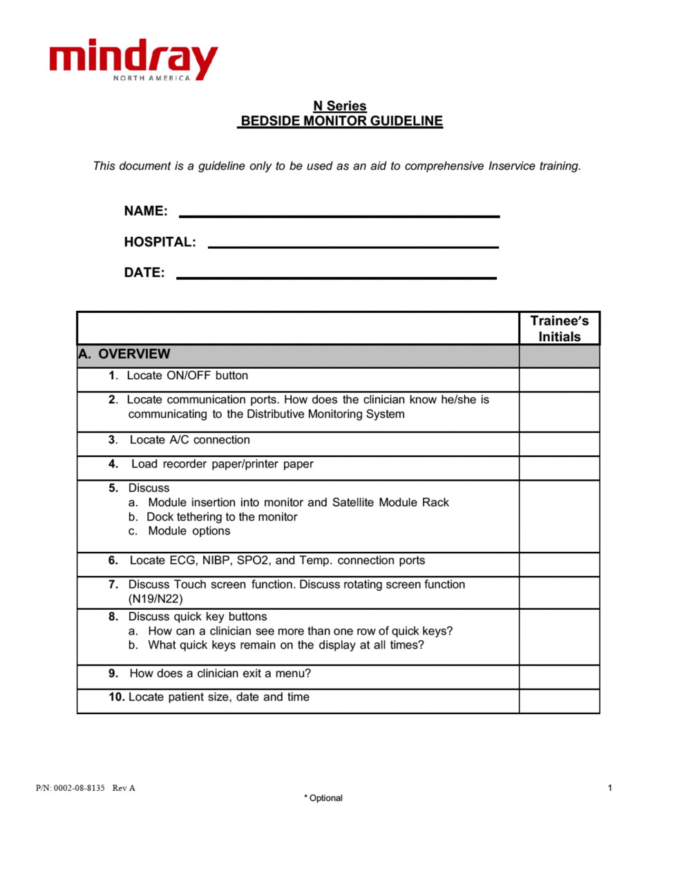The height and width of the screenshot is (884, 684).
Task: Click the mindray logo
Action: point(133,60)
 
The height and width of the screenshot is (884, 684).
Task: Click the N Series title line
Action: point(340,106)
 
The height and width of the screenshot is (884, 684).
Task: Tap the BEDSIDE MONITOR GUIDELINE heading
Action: point(341,122)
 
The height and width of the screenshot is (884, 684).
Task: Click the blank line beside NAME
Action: point(339,215)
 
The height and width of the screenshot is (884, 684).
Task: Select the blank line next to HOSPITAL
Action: point(353,245)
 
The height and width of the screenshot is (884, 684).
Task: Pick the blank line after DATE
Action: point(336,276)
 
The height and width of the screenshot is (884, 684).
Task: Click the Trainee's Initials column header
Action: point(559,329)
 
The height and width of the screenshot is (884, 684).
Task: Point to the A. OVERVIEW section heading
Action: point(124,354)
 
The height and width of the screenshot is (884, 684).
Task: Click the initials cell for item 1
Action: point(559,380)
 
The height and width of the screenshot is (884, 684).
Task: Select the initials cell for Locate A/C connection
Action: point(559,444)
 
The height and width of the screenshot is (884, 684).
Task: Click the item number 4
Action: point(113,464)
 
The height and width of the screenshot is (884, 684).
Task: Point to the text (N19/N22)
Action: point(155,599)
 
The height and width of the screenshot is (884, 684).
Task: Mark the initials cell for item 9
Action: point(559,677)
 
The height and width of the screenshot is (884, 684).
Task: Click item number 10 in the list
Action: point(116,697)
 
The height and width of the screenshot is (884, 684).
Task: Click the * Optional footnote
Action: point(323,798)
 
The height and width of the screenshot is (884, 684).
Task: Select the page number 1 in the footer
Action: point(609,788)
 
